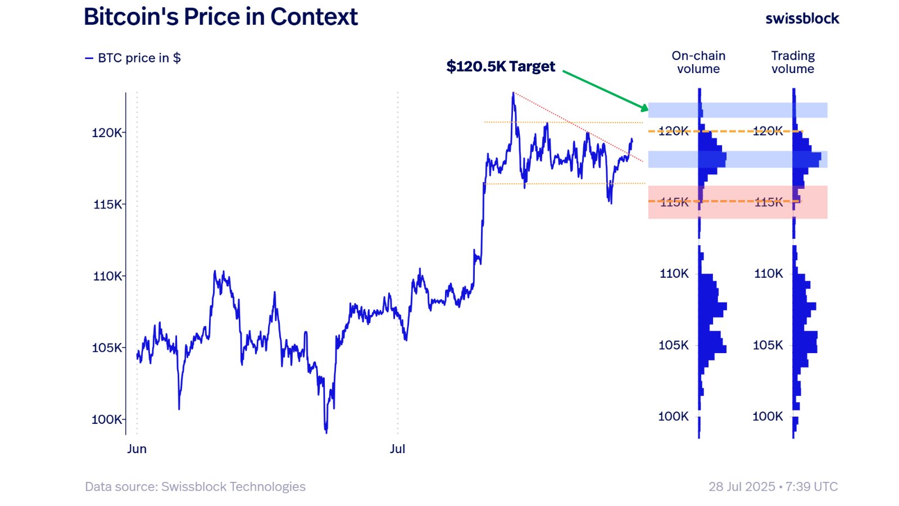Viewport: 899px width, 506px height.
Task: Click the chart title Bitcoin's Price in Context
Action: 220,17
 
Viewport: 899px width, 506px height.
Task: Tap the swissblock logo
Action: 802,19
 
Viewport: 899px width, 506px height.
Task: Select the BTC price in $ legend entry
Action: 133,58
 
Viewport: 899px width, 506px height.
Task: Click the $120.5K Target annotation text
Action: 501,66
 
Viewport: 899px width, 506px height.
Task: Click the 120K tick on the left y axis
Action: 107,133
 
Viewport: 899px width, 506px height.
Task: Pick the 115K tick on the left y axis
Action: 107,204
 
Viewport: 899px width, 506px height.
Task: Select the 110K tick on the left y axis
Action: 107,276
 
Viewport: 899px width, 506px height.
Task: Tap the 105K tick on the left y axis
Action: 107,347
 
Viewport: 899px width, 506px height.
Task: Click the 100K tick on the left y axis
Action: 107,419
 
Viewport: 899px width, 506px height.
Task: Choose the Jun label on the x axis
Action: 137,449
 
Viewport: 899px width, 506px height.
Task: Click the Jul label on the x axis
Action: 397,449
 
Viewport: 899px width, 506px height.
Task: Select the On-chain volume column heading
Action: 698,62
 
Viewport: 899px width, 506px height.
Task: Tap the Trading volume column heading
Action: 793,62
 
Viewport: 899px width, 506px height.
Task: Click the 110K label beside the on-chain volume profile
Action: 674,274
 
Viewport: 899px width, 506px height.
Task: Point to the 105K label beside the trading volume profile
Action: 768,345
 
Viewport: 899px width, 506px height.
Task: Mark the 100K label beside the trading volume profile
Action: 768,417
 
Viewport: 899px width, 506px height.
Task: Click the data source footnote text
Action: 195,487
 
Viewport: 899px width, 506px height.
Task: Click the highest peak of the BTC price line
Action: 513,93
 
